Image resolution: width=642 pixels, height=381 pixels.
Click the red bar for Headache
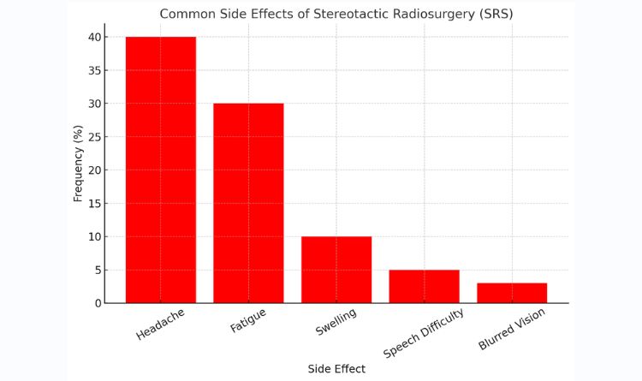click(x=161, y=170)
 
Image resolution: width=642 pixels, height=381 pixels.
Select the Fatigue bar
click(x=248, y=203)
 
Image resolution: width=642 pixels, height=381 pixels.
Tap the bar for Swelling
click(x=336, y=270)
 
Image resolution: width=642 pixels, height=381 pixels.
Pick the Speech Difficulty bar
click(x=425, y=287)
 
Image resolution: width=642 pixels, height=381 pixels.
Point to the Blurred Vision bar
click(x=512, y=294)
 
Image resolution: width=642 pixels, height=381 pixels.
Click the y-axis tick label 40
click(x=94, y=38)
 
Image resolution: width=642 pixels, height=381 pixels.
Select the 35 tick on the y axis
click(x=94, y=70)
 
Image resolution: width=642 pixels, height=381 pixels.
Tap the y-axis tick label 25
click(x=94, y=137)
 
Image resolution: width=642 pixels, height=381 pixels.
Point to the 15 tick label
click(x=94, y=204)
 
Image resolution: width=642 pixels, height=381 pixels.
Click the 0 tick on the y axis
click(x=98, y=304)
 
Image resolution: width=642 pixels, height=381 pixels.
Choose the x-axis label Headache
click(x=161, y=324)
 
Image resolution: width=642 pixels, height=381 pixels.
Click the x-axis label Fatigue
click(x=248, y=320)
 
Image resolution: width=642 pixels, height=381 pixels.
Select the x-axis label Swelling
click(x=336, y=322)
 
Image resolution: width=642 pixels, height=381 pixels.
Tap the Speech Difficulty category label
click(x=424, y=333)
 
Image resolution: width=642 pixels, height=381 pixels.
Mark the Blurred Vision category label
click(x=512, y=330)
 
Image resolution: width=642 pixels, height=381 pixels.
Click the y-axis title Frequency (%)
click(x=78, y=164)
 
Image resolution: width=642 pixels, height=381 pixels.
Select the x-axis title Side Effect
click(x=336, y=369)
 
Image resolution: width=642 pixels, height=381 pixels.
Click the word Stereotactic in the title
click(x=351, y=14)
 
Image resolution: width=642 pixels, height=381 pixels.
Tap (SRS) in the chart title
click(x=496, y=14)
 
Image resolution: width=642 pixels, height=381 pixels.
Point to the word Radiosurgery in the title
click(x=433, y=15)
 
